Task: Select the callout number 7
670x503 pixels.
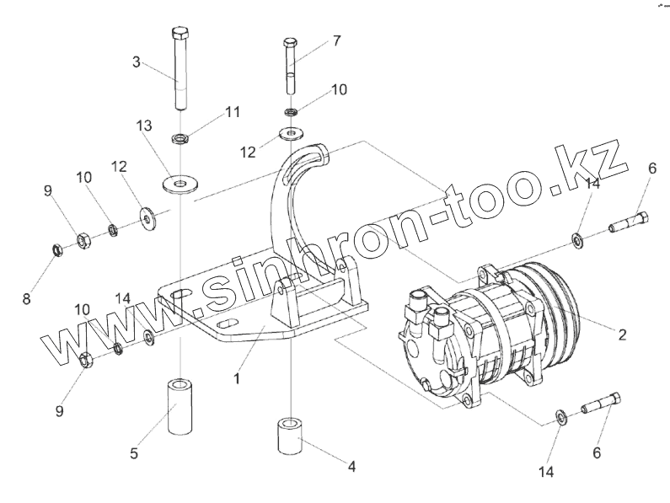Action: pyautogui.click(x=336, y=40)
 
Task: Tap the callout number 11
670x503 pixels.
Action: pyautogui.click(x=233, y=111)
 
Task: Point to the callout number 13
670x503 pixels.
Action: pyautogui.click(x=144, y=125)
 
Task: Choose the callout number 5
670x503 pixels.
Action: pyautogui.click(x=134, y=453)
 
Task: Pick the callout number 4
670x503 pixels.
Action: pyautogui.click(x=352, y=465)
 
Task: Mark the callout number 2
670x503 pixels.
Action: pyautogui.click(x=621, y=334)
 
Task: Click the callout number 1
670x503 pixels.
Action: pyautogui.click(x=238, y=378)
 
